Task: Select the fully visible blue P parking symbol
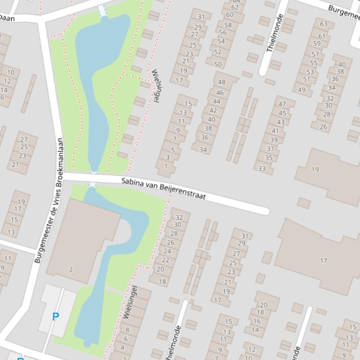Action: (56, 317)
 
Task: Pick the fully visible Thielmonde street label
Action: (274, 33)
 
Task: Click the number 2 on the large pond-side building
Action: (71, 269)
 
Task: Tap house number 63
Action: (323, 24)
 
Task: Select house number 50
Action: (218, 65)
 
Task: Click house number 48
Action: (221, 82)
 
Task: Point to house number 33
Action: (262, 169)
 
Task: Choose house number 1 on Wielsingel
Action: (166, 166)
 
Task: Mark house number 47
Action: (282, 104)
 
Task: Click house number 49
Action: (301, 90)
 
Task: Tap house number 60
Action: (229, 14)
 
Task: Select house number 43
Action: (280, 122)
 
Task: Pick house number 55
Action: (313, 63)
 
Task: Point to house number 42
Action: (213, 110)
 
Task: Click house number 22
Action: (165, 260)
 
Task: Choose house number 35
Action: (269, 158)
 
